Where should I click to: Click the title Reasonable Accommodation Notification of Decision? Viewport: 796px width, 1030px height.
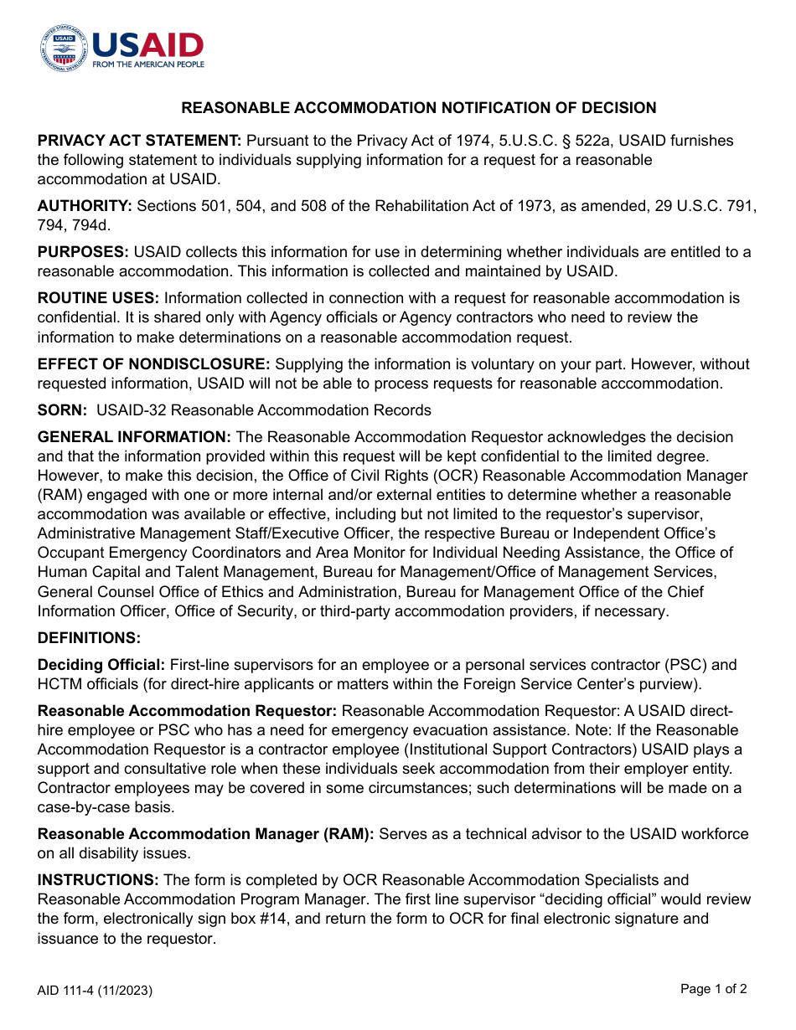(x=419, y=108)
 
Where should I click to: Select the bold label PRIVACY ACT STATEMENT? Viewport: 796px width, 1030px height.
(x=140, y=141)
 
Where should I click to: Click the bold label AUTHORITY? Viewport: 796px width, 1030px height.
(x=85, y=206)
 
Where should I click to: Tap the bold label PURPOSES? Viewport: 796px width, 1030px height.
(x=83, y=252)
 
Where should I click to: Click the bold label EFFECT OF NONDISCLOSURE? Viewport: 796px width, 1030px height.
(x=153, y=364)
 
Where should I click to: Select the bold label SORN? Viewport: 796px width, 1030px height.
(x=63, y=410)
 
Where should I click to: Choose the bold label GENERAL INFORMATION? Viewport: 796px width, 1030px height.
(x=135, y=437)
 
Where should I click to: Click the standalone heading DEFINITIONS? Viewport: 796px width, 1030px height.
(x=89, y=638)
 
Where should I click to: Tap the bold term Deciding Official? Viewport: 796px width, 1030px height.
(x=101, y=665)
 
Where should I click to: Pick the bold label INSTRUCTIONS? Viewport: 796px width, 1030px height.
(x=98, y=880)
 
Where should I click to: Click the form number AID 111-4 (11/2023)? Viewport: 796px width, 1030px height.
(x=95, y=991)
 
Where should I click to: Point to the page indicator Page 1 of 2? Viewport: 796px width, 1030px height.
(x=713, y=989)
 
